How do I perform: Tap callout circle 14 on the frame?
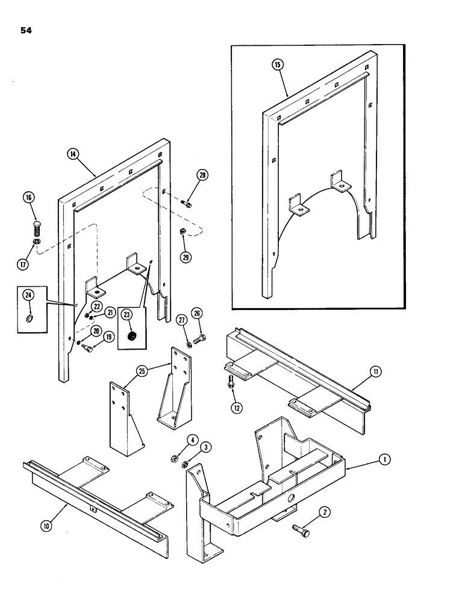72,154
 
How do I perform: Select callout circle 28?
202,176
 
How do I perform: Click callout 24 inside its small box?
28,295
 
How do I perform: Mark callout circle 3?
206,447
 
